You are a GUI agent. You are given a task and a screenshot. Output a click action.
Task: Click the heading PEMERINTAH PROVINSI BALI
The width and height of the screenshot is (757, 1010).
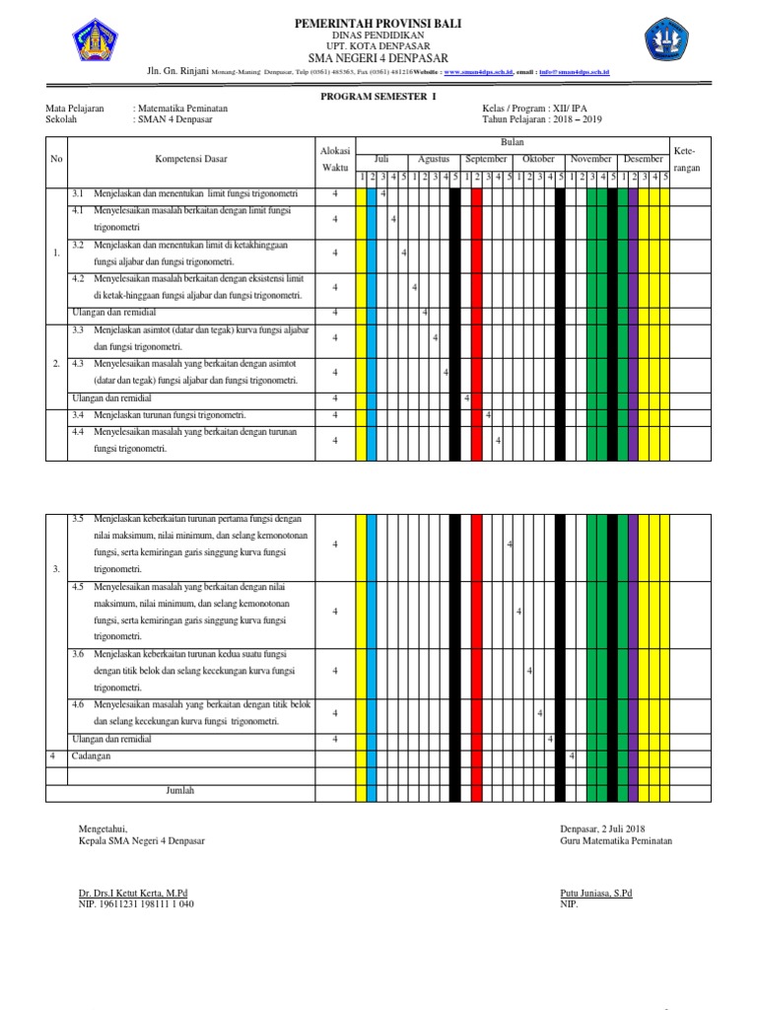(378, 22)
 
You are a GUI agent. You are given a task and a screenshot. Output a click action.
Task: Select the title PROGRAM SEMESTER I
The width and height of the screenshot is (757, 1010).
(378, 97)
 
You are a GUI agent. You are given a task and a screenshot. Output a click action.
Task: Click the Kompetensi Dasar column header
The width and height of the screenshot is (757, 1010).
(190, 159)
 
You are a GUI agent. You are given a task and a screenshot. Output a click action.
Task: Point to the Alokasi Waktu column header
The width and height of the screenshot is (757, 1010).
(334, 159)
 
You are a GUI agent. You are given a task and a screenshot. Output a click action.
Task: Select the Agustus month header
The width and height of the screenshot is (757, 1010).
(434, 159)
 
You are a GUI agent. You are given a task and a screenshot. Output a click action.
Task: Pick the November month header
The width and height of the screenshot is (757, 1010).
(591, 159)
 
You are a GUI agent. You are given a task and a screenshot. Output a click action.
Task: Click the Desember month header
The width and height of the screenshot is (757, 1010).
(644, 159)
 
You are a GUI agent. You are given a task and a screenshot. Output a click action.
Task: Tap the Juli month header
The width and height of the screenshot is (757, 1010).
(382, 159)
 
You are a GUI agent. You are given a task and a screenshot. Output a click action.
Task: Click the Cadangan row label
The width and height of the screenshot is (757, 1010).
(91, 756)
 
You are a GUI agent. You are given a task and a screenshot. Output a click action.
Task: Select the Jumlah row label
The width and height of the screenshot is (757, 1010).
(180, 791)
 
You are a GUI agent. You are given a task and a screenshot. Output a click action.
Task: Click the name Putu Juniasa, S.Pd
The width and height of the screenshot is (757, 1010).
(595, 894)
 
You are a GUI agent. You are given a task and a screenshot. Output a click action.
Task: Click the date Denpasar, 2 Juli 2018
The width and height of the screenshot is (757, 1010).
(601, 830)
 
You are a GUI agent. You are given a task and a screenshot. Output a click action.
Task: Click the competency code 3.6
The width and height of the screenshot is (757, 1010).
(79, 654)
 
